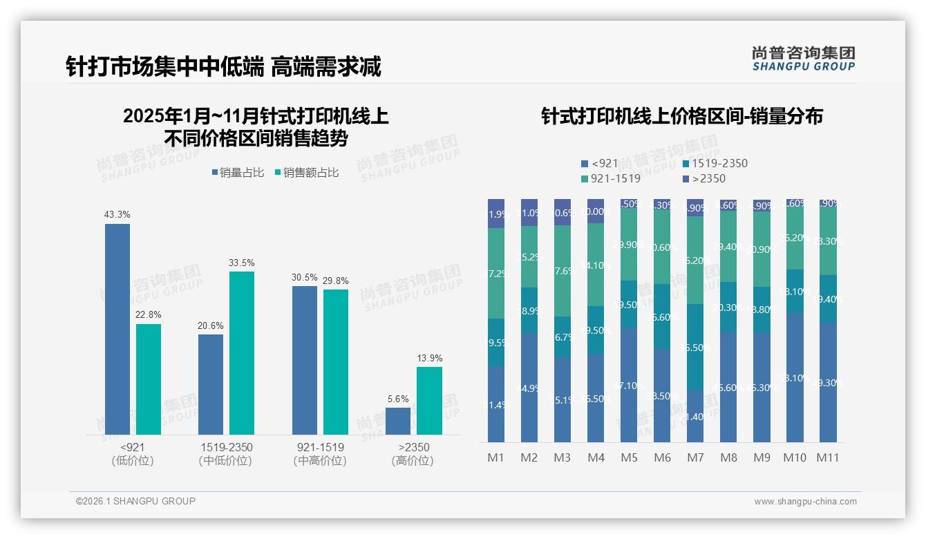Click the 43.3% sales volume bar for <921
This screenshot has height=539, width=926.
117,329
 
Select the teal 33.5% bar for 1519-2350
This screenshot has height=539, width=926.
242,352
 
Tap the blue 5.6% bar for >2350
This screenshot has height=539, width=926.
398,421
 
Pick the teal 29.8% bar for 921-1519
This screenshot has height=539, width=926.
336,361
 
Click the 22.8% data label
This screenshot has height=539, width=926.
149,314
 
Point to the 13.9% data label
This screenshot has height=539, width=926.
429,358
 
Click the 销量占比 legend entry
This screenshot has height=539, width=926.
238,173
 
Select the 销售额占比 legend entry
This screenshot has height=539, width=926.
306,173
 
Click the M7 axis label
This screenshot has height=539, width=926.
695,457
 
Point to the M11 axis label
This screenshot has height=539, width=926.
827,457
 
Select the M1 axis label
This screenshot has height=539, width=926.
496,457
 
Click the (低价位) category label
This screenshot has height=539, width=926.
133,461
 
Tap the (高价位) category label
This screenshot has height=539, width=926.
413,461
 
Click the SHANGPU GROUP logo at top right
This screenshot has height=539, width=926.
803,58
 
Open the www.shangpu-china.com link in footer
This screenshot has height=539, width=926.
805,502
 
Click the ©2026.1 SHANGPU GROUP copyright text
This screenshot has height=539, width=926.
135,501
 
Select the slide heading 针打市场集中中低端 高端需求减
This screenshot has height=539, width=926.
223,67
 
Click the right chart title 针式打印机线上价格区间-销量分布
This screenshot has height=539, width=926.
681,116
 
